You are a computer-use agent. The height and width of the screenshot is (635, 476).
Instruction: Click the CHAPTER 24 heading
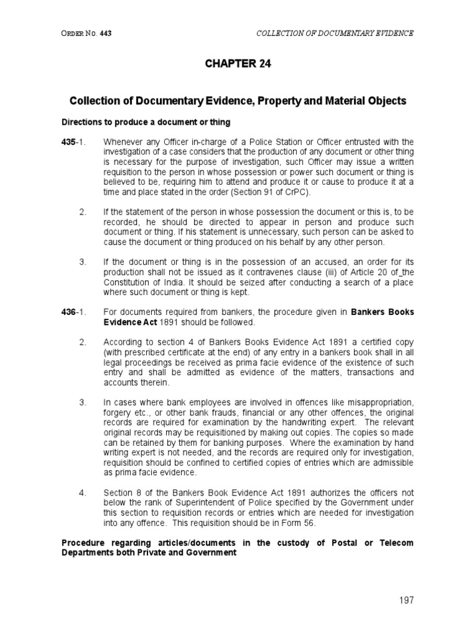(238, 63)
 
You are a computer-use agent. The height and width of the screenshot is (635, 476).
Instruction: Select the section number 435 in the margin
(68, 142)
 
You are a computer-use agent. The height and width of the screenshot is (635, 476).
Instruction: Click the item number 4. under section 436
(83, 493)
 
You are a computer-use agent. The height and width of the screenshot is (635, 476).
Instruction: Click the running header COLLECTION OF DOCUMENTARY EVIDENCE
(335, 32)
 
